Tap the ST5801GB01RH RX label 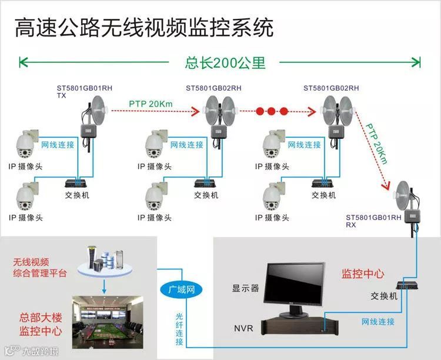[373, 221]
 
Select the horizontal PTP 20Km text [151, 104]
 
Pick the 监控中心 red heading [363, 274]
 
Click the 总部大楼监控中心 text [41, 324]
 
